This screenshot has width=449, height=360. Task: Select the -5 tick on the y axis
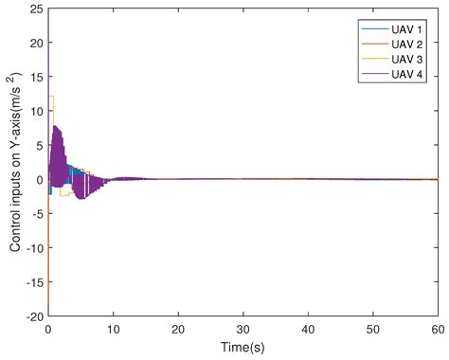(x=34, y=213)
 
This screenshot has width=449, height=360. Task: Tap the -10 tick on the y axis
(x=31, y=246)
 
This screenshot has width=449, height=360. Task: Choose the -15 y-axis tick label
(x=31, y=280)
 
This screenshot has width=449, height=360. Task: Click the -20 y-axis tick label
(x=31, y=315)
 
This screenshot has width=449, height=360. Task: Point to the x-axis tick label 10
(x=113, y=329)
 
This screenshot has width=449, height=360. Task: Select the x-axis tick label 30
(x=243, y=329)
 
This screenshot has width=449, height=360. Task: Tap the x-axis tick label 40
(x=309, y=329)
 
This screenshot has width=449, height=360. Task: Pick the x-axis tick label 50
(x=373, y=329)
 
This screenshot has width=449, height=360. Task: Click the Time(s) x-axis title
(x=242, y=347)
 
